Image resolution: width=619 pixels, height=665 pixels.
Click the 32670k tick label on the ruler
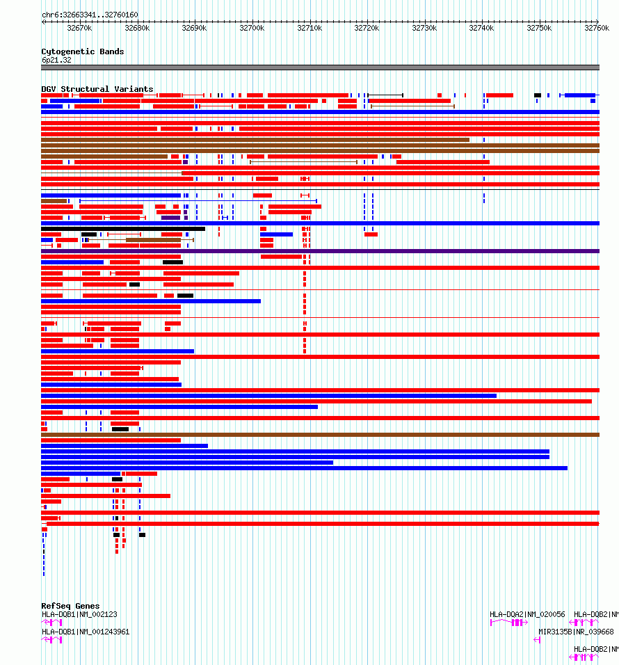point(79,28)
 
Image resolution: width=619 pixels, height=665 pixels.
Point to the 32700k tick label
point(252,28)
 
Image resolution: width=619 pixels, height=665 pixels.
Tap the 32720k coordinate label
point(367,28)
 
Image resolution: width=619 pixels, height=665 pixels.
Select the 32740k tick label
point(481,28)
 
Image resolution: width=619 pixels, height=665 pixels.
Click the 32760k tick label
point(597,28)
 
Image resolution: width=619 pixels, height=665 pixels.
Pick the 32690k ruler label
point(194,28)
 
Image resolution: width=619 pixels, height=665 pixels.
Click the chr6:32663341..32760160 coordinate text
point(90,15)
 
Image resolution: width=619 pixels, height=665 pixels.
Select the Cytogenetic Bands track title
point(83,51)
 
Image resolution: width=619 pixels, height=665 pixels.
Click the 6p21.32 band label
point(56,60)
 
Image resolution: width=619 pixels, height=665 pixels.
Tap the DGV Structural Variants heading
point(97,89)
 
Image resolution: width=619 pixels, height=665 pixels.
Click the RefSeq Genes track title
point(70,606)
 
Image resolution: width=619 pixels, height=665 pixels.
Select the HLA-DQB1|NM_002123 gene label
point(79,614)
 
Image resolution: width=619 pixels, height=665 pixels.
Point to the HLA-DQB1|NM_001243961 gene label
point(86,632)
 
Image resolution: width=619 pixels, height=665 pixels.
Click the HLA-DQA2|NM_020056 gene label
point(527,614)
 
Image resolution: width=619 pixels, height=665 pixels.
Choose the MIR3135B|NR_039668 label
point(577,632)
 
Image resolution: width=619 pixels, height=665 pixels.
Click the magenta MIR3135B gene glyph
point(537,640)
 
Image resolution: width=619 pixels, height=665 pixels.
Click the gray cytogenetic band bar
point(320,67)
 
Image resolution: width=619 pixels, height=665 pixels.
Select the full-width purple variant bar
point(320,251)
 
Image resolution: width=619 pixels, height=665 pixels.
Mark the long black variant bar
point(123,229)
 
